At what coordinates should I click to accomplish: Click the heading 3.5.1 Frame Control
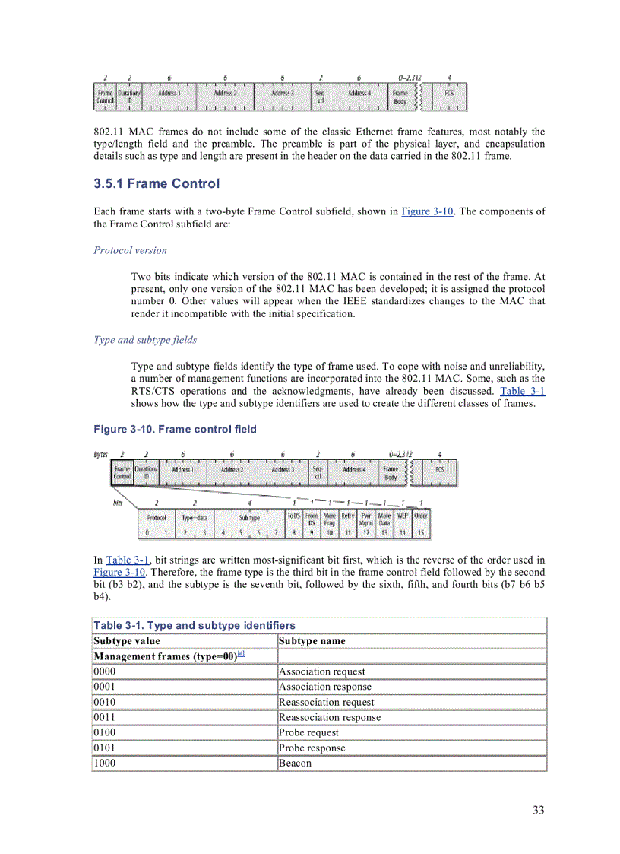coord(157,184)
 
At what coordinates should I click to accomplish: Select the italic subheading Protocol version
coord(130,250)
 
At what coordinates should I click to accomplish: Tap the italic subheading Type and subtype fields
coord(145,340)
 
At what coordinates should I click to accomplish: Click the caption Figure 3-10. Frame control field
coord(175,430)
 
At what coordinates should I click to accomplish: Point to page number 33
coord(538,810)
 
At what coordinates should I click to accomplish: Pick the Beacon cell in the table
coord(295,763)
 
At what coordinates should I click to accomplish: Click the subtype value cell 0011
coord(105,717)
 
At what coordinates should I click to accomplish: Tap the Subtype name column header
coord(312,641)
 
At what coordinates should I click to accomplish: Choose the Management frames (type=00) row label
coord(164,656)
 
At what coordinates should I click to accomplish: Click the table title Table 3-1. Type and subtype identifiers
coord(195,625)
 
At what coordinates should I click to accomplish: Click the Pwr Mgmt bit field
coord(366,519)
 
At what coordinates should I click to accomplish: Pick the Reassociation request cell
coord(326,702)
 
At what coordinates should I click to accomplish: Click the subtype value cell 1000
coord(105,763)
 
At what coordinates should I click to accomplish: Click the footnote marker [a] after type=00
coord(241,653)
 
